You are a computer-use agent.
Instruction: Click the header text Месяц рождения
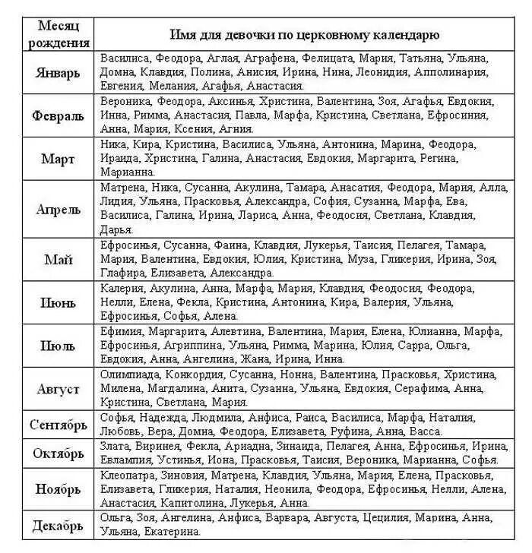(x=59, y=34)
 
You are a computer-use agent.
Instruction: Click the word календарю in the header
(x=401, y=34)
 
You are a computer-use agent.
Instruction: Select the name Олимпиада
(x=129, y=374)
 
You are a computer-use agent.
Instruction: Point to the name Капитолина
(x=190, y=503)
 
